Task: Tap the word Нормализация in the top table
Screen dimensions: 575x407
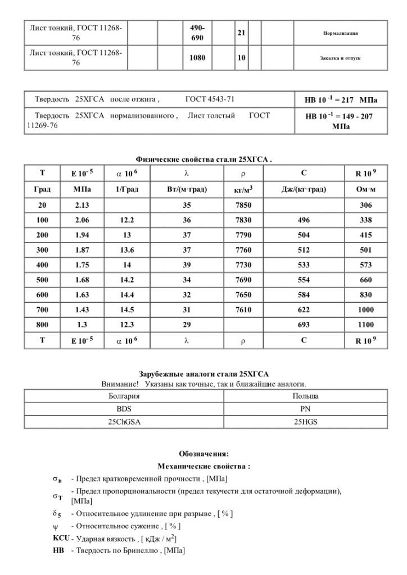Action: (x=341, y=33)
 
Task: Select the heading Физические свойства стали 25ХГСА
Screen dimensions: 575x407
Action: (x=204, y=159)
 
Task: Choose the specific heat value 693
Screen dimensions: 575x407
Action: (x=304, y=325)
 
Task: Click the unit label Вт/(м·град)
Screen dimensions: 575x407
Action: (x=187, y=190)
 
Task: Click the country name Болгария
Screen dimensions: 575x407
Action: (x=124, y=396)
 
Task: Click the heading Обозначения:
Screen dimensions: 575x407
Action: (x=203, y=453)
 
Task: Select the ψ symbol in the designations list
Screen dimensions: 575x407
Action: (x=55, y=526)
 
